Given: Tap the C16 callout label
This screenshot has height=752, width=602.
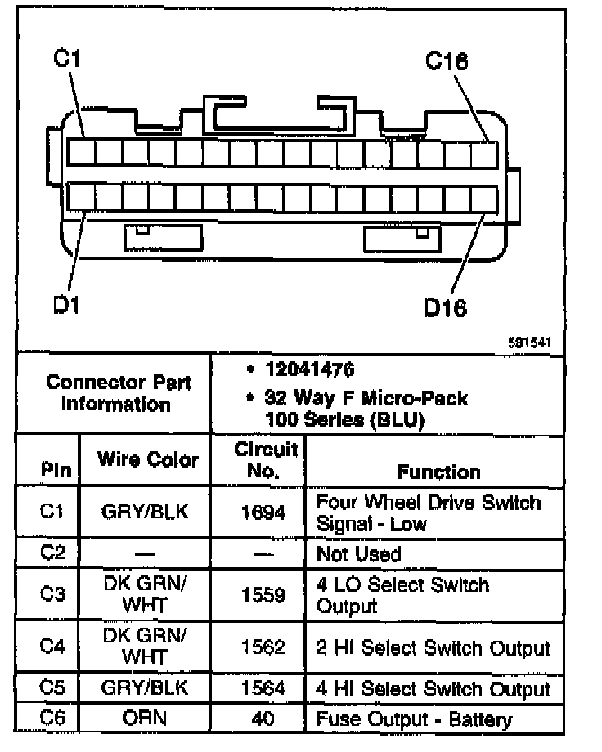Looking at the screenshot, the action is pyautogui.click(x=447, y=61).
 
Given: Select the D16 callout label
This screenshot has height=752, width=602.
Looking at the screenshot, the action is pyautogui.click(x=445, y=308).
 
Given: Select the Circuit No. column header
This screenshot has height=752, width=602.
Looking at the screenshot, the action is pyautogui.click(x=257, y=460).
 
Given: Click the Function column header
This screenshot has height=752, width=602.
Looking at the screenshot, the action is pyautogui.click(x=438, y=472).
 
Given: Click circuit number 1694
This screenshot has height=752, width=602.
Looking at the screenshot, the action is pyautogui.click(x=263, y=513).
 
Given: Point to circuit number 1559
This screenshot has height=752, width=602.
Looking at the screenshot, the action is pyautogui.click(x=263, y=596).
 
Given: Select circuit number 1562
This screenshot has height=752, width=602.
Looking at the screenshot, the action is pyautogui.click(x=263, y=647).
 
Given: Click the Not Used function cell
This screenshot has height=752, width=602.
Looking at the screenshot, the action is pyautogui.click(x=358, y=554).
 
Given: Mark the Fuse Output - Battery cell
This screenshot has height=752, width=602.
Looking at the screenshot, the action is pyautogui.click(x=414, y=720).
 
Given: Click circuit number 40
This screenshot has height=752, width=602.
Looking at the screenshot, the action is pyautogui.click(x=263, y=720).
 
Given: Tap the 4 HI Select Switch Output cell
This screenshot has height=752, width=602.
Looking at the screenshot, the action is pyautogui.click(x=433, y=688).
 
